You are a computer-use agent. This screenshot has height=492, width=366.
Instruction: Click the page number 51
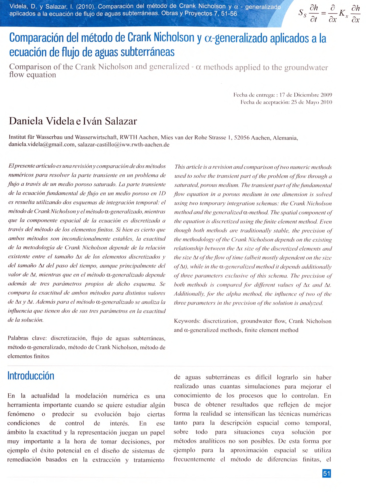pos(326,473)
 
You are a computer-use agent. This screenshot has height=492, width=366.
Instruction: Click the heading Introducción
pos(31,376)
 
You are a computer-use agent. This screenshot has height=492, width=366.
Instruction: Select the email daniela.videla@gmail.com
pos(42,145)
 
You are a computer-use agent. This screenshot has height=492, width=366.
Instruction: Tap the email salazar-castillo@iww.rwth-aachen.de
pos(123,145)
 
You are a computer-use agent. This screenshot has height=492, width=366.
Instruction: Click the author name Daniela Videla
pos(41,121)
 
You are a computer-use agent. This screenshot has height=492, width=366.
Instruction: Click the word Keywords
pos(187,321)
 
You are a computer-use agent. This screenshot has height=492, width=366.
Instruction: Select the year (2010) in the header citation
pos(86,7)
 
